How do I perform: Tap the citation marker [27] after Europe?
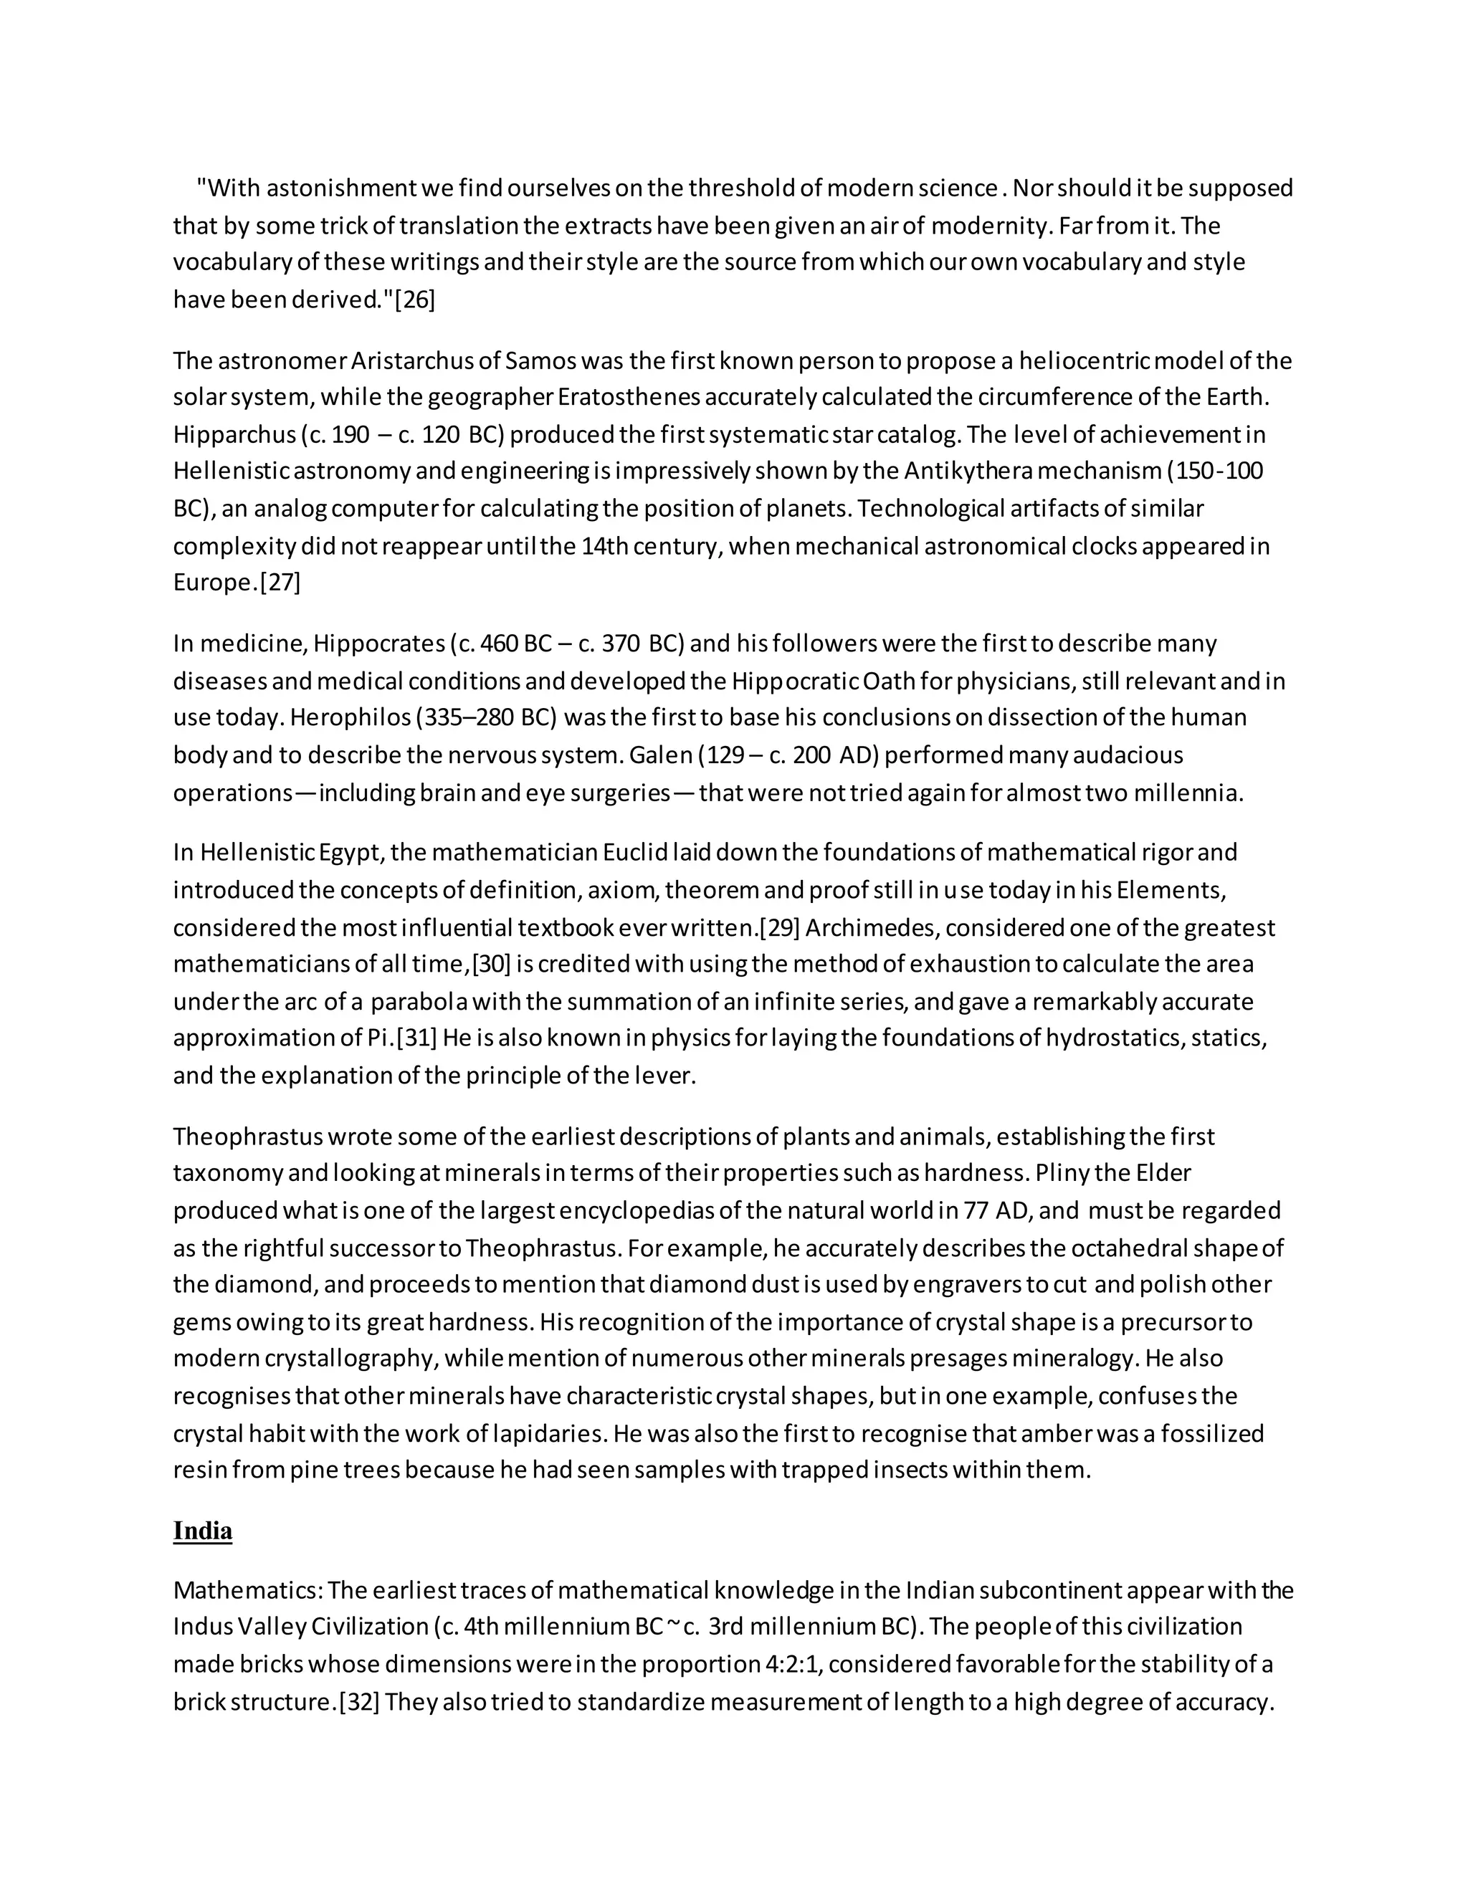[x=280, y=583]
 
